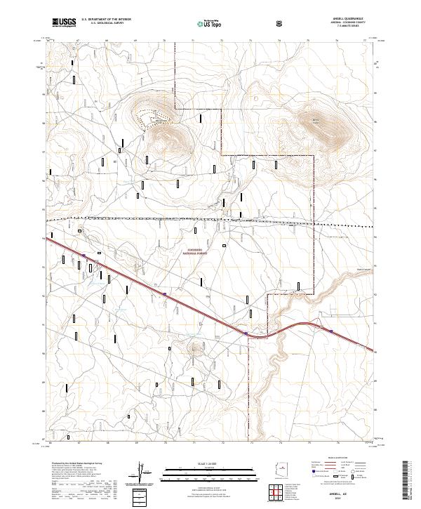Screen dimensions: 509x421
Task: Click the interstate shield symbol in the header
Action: pyautogui.click(x=279, y=22)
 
